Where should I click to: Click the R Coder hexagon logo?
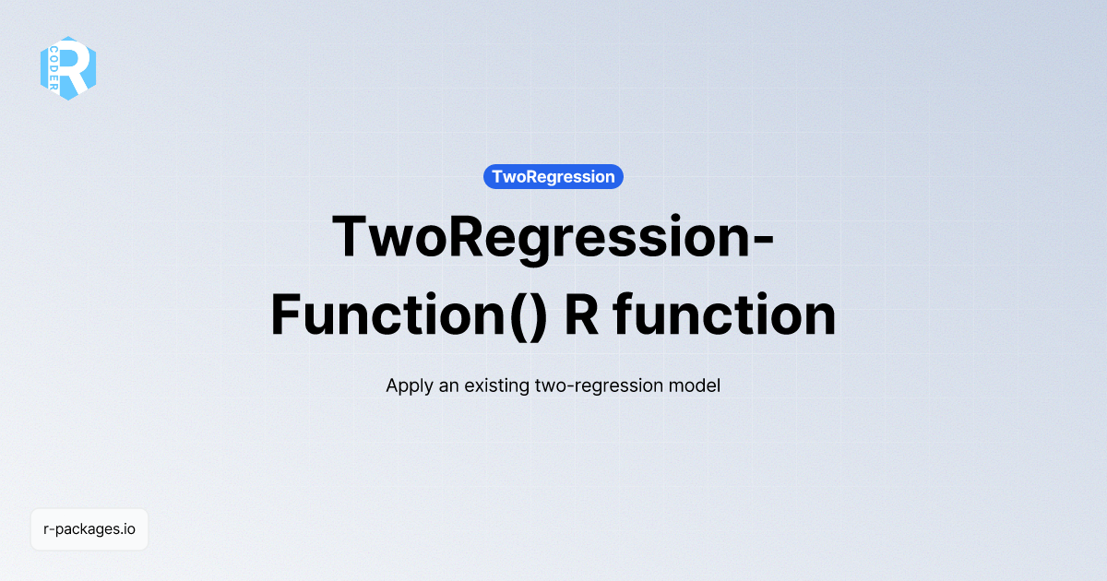68,68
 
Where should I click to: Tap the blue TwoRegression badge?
553,176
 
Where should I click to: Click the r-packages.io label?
89,529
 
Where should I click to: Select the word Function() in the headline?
409,315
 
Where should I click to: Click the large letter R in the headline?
581,315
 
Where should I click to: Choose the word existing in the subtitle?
497,385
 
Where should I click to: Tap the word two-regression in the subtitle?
596,385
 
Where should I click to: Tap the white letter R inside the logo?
77,66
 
